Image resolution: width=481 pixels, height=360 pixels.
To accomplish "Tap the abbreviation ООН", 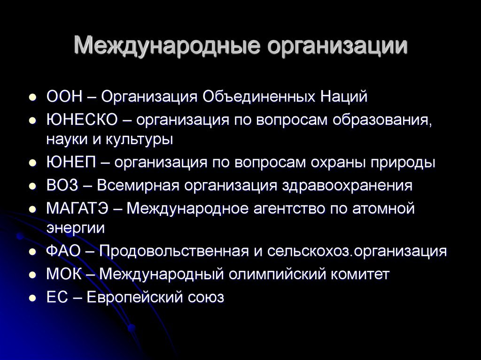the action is click(x=64, y=96).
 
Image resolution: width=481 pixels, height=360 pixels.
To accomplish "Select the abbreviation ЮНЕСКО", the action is click(x=82, y=120).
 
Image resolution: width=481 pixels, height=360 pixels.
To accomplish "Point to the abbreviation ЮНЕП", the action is click(x=71, y=162).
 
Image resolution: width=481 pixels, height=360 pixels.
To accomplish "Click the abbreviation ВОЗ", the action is click(x=62, y=185).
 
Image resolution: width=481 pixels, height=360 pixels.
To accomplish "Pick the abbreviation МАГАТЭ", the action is click(x=78, y=208).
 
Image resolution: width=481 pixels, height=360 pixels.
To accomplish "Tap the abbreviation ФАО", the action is click(x=63, y=251).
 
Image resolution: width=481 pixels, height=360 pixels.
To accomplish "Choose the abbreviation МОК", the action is click(x=64, y=274).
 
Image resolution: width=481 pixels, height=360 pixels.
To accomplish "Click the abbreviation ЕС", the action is click(x=57, y=297).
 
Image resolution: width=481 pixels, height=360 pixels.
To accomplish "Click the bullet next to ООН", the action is click(x=32, y=97).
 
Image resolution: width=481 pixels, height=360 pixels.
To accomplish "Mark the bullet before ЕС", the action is click(x=32, y=298).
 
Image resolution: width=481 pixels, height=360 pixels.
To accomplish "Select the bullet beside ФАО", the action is click(x=32, y=252).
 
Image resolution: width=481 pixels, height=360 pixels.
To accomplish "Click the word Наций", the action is click(x=344, y=97).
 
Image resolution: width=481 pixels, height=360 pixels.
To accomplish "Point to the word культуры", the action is click(x=140, y=140).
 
